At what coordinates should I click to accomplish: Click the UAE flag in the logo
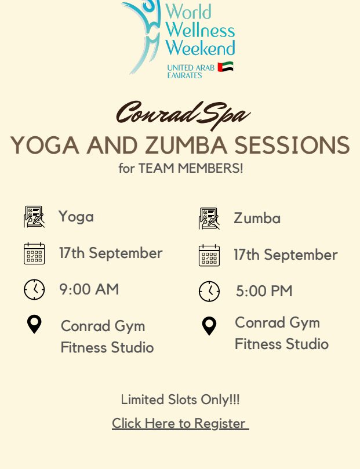[226, 67]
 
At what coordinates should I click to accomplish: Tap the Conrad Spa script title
[183, 115]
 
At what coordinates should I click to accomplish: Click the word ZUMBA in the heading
[186, 146]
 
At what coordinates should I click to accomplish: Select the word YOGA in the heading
[45, 146]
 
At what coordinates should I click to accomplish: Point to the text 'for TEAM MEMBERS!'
[181, 168]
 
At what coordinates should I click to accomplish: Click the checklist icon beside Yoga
[34, 217]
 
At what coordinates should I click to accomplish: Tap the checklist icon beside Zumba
[209, 219]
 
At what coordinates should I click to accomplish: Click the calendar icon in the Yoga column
[34, 253]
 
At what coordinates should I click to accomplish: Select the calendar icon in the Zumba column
[209, 255]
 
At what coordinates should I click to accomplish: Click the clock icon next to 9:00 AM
[34, 289]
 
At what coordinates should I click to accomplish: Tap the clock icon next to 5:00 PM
[209, 292]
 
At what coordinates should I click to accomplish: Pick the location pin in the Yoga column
[34, 324]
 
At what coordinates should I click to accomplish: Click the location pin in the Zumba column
[209, 326]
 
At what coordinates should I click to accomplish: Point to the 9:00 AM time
[89, 289]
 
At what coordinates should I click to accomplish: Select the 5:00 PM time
[264, 291]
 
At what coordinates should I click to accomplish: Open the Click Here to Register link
[180, 423]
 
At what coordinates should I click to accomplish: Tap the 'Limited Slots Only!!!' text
[180, 399]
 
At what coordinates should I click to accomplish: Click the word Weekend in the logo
[201, 48]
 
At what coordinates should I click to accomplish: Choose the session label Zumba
[257, 218]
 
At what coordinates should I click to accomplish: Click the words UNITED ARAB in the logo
[191, 68]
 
